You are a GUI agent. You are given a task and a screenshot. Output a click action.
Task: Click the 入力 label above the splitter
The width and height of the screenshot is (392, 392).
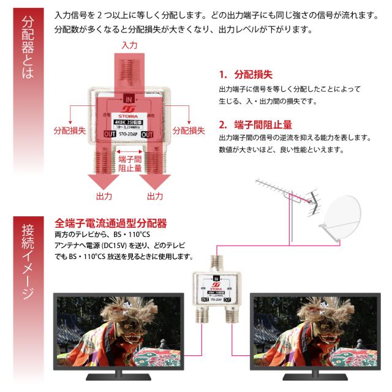pyautogui.click(x=129, y=45)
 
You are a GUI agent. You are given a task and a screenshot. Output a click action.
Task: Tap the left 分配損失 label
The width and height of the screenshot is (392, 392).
pyautogui.click(x=69, y=130)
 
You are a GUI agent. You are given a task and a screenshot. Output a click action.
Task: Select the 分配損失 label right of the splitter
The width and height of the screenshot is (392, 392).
pyautogui.click(x=188, y=130)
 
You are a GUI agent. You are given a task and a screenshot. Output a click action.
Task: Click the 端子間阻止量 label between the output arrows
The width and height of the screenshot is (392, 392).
pyautogui.click(x=129, y=163)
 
